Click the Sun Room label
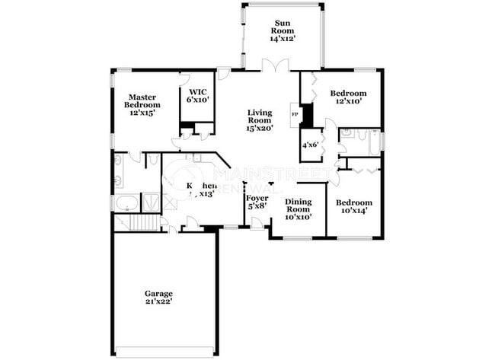pos(282,26)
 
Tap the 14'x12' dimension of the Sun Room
pos(282,37)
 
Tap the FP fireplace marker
pos(295,115)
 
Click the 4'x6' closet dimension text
pos(310,145)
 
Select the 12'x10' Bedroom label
pos(351,96)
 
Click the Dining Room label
pos(298,209)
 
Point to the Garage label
pos(158,293)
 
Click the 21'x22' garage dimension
pos(158,301)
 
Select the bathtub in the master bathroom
pos(126,203)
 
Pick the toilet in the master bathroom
pos(152,159)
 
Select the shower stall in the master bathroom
pos(152,202)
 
